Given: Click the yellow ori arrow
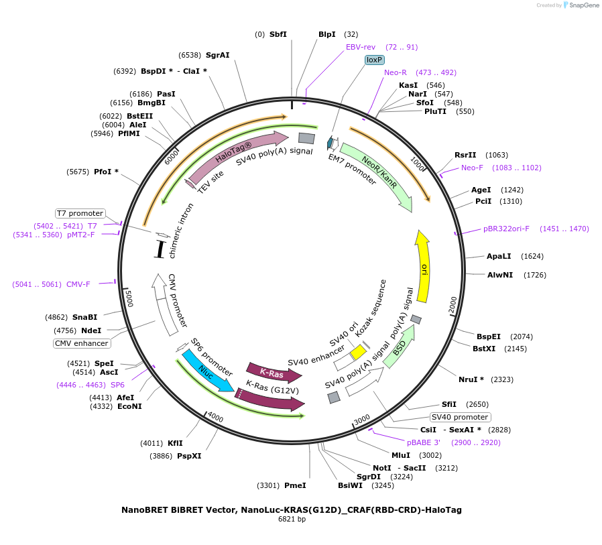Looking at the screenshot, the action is tap(423, 266).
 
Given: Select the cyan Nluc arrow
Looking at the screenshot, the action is tap(208, 371).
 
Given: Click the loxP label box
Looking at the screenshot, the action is tap(374, 60).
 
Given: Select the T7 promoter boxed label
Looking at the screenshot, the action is tap(80, 213).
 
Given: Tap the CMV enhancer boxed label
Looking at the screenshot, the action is tap(82, 343).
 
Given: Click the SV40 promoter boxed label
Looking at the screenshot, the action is tap(461, 417).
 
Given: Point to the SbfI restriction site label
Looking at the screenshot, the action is tap(278, 34).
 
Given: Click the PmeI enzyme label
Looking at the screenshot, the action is tap(295, 485).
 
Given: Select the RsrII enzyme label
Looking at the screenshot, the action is tap(465, 155).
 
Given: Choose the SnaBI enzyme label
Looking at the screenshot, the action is tap(85, 317).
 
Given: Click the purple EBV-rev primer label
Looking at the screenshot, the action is tap(361, 47).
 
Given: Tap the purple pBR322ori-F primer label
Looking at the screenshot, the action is tap(506, 229).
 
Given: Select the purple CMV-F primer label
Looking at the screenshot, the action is tap(78, 284).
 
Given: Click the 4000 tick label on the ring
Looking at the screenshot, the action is tap(215, 417).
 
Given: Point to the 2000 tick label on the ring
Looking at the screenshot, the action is tap(453, 304).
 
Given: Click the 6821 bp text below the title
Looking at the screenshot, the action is tap(292, 520).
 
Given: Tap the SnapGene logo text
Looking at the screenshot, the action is tap(584, 5).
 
